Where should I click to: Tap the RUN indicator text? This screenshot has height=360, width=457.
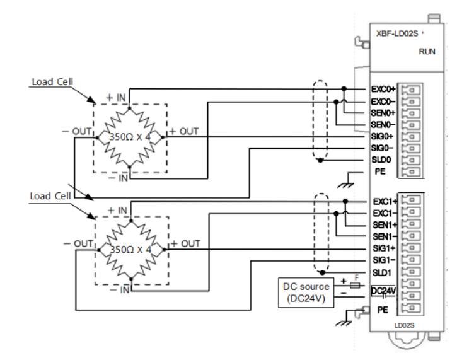[x=427, y=53]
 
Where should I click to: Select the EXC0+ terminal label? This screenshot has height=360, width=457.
[x=383, y=90]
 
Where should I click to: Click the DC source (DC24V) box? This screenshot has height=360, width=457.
[x=305, y=292]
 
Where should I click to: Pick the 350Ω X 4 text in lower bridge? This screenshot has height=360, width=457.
[x=130, y=248]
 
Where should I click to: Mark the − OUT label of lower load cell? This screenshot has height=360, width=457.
[x=79, y=243]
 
